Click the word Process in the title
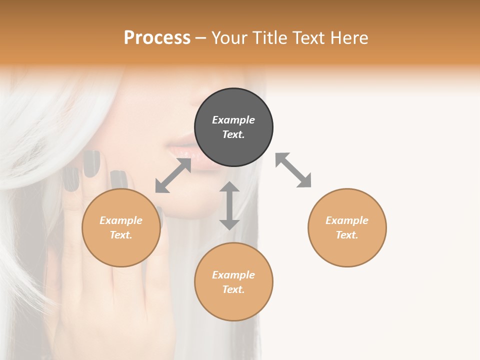point(157,38)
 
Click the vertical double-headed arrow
point(229,205)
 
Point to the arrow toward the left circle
point(173,175)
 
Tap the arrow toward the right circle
point(293,170)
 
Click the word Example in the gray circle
point(233,120)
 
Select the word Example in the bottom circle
point(233,275)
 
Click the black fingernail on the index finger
point(91,163)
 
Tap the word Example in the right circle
point(347,220)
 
